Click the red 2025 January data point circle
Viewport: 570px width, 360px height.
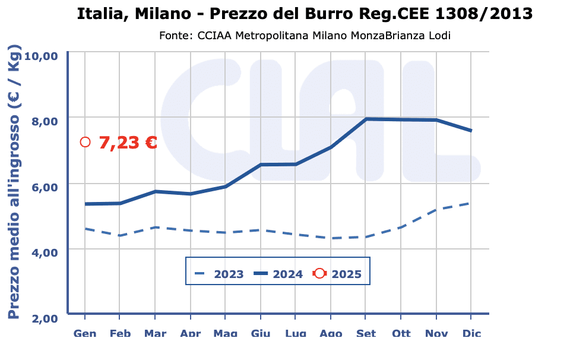(85, 142)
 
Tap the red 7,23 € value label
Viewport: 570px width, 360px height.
(128, 143)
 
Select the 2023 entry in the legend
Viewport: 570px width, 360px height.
(229, 274)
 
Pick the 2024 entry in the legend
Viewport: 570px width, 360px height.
(287, 274)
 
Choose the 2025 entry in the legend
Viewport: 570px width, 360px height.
(346, 274)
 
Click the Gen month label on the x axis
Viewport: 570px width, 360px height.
(85, 333)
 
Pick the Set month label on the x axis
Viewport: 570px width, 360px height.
(366, 333)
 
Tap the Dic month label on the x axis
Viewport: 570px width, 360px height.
(471, 333)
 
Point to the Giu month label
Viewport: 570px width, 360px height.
(261, 333)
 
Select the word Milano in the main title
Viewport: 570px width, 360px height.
(153, 13)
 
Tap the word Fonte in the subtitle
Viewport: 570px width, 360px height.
(173, 36)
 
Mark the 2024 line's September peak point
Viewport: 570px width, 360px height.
(366, 119)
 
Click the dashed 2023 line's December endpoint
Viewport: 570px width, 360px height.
(471, 203)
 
